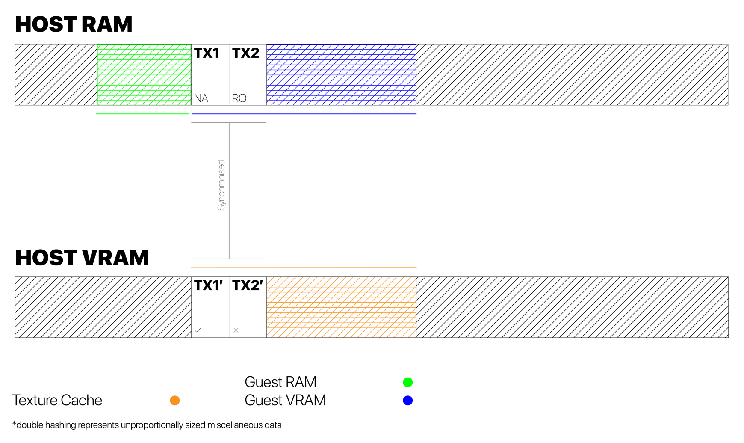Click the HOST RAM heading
click(x=74, y=24)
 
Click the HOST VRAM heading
click(x=82, y=258)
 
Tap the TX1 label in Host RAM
click(x=207, y=53)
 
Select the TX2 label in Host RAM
click(x=246, y=53)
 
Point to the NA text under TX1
click(x=201, y=98)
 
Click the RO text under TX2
click(x=239, y=98)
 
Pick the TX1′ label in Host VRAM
click(x=208, y=285)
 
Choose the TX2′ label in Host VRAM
click(x=247, y=285)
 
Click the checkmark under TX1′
click(x=198, y=330)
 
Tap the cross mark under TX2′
click(x=236, y=330)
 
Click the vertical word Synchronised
click(x=221, y=185)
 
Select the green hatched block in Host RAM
click(x=144, y=74)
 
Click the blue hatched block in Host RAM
click(x=341, y=74)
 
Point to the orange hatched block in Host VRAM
click(x=341, y=307)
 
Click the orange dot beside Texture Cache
click(x=175, y=401)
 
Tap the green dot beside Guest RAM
click(x=408, y=382)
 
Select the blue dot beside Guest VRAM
click(x=408, y=401)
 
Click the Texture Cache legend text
click(x=57, y=401)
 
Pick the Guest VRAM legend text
click(x=285, y=401)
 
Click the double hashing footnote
click(x=147, y=425)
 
